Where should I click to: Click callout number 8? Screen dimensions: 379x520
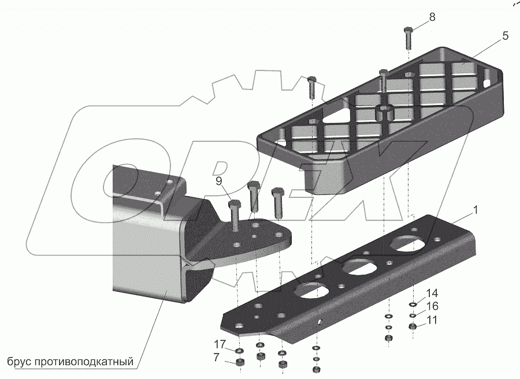(432, 18)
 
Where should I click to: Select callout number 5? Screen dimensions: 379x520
(505, 36)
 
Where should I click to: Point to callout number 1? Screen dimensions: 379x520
(475, 211)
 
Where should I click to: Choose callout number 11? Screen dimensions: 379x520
(433, 320)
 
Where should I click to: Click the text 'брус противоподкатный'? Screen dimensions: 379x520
(70, 362)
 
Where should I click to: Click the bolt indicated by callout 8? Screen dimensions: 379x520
(408, 38)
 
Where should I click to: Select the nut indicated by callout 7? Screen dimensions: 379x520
(238, 363)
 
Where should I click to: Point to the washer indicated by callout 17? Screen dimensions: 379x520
(238, 351)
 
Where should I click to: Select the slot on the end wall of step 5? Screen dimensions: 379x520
(493, 82)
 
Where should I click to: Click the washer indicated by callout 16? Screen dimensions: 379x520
(414, 316)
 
